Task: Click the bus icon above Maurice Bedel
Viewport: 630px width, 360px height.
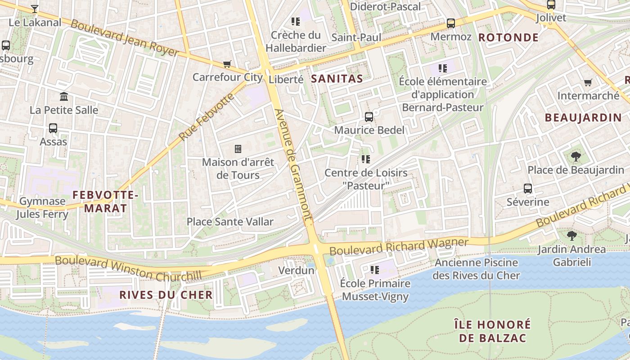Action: (369, 117)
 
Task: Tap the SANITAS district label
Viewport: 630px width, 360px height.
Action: (337, 79)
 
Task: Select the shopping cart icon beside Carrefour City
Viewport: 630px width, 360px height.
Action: (227, 64)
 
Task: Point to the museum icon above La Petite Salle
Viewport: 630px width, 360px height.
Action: (64, 96)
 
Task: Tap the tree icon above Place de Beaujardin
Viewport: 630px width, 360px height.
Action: (576, 157)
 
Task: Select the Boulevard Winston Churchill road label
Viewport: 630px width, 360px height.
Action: (128, 269)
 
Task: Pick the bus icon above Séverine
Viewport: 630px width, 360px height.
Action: (528, 189)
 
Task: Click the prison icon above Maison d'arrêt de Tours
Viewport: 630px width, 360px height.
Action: (238, 149)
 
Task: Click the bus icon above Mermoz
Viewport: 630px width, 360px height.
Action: (451, 23)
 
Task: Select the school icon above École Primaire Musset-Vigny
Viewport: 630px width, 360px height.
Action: (374, 270)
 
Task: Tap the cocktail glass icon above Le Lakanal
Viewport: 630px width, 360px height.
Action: (35, 9)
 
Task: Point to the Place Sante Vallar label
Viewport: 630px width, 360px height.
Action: (230, 221)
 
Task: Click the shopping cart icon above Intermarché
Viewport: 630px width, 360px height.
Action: (588, 82)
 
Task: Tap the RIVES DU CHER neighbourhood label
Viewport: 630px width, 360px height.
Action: (166, 295)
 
